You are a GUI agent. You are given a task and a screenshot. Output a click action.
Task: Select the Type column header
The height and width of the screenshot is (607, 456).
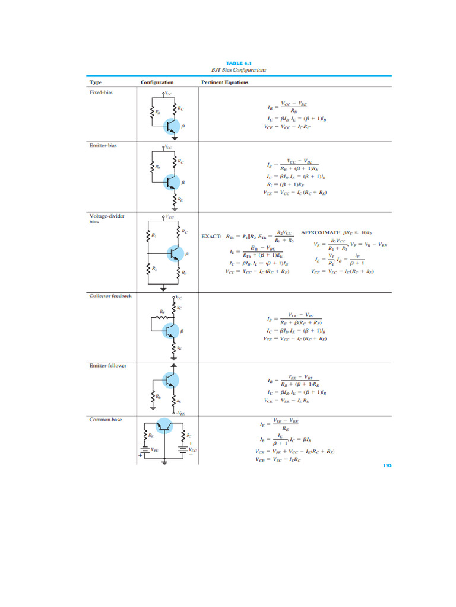95,82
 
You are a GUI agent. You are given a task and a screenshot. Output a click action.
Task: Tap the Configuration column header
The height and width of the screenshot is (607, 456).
157,82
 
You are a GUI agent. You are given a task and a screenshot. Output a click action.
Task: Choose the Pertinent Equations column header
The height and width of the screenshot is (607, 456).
224,82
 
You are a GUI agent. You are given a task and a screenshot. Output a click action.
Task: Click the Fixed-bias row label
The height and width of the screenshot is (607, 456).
100,92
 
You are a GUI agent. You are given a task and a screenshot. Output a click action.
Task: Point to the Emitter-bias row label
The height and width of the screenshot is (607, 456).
102,146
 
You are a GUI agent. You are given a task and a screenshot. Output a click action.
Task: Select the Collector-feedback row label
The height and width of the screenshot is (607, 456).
110,295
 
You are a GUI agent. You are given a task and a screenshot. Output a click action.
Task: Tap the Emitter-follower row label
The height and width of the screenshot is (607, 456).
107,365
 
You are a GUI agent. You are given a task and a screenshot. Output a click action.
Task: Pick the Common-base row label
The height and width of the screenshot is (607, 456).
105,419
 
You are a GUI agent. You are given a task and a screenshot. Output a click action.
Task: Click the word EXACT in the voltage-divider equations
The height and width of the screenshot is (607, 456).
211,236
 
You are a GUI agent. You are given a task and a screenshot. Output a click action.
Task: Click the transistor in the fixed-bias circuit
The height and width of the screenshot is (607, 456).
172,126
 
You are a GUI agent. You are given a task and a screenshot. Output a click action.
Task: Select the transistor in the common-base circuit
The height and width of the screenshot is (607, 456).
163,426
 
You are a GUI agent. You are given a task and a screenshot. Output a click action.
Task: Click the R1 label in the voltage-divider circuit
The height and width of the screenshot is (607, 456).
154,235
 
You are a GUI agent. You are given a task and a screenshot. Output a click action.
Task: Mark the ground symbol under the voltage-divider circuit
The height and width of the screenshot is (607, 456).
164,288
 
